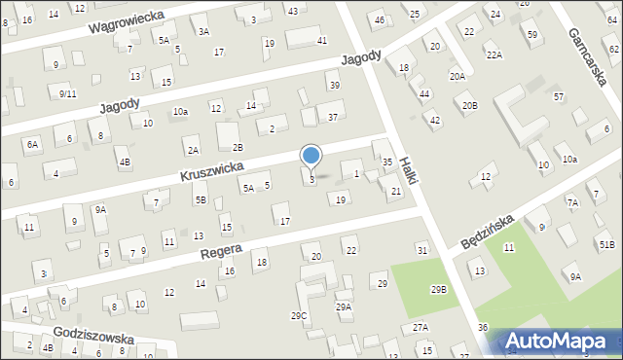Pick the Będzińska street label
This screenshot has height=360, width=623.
[486, 227]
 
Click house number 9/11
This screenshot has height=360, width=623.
[67, 93]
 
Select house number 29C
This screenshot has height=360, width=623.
[299, 315]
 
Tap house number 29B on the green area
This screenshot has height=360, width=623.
[439, 290]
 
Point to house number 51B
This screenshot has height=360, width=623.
[606, 244]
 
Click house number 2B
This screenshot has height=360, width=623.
[237, 147]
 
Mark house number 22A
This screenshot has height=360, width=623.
[495, 55]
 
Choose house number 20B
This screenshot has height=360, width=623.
[470, 105]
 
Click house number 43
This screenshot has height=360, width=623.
[292, 11]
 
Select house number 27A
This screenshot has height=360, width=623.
[420, 327]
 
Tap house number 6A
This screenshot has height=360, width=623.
[33, 144]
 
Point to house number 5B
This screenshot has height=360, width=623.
[201, 199]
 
